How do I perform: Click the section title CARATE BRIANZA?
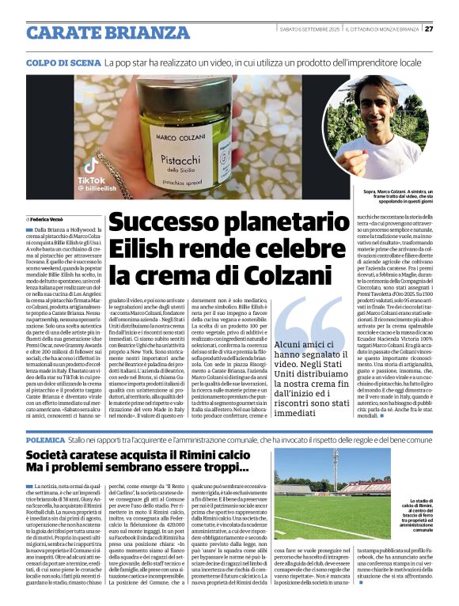(97, 32)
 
